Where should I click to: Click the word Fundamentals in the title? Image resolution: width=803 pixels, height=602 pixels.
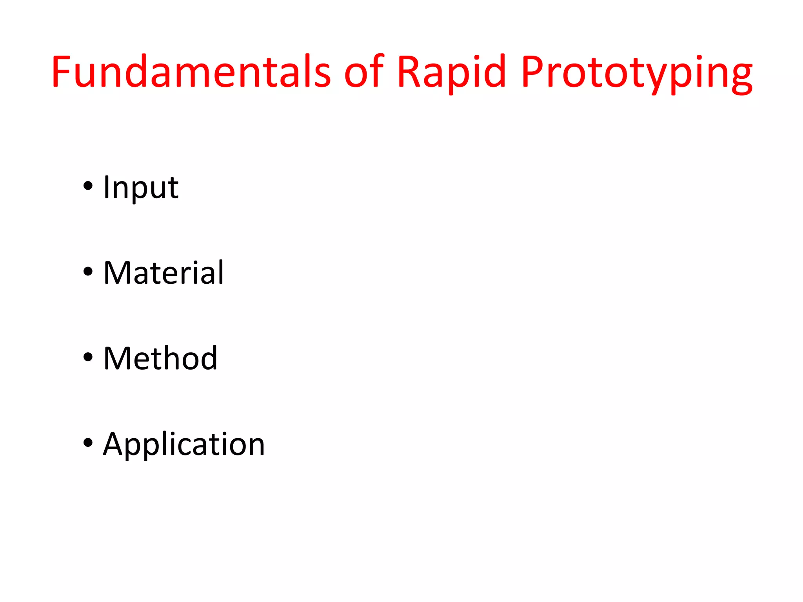pos(191,71)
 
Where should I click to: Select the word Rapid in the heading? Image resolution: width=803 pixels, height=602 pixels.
pos(451,71)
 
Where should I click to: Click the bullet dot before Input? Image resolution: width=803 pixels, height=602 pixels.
pos(88,186)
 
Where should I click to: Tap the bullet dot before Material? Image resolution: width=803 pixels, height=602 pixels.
pos(88,272)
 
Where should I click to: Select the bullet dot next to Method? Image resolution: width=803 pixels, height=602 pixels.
pos(88,357)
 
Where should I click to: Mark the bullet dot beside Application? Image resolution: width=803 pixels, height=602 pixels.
pos(88,443)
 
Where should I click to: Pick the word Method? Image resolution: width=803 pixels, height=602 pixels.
pos(160,358)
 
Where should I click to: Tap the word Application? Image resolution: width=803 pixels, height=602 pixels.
pos(184,444)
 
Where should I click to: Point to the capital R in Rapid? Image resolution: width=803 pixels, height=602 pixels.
pos(409,71)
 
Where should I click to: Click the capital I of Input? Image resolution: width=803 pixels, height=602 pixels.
pos(106,187)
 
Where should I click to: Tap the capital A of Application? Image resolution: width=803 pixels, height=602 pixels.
pos(114,444)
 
